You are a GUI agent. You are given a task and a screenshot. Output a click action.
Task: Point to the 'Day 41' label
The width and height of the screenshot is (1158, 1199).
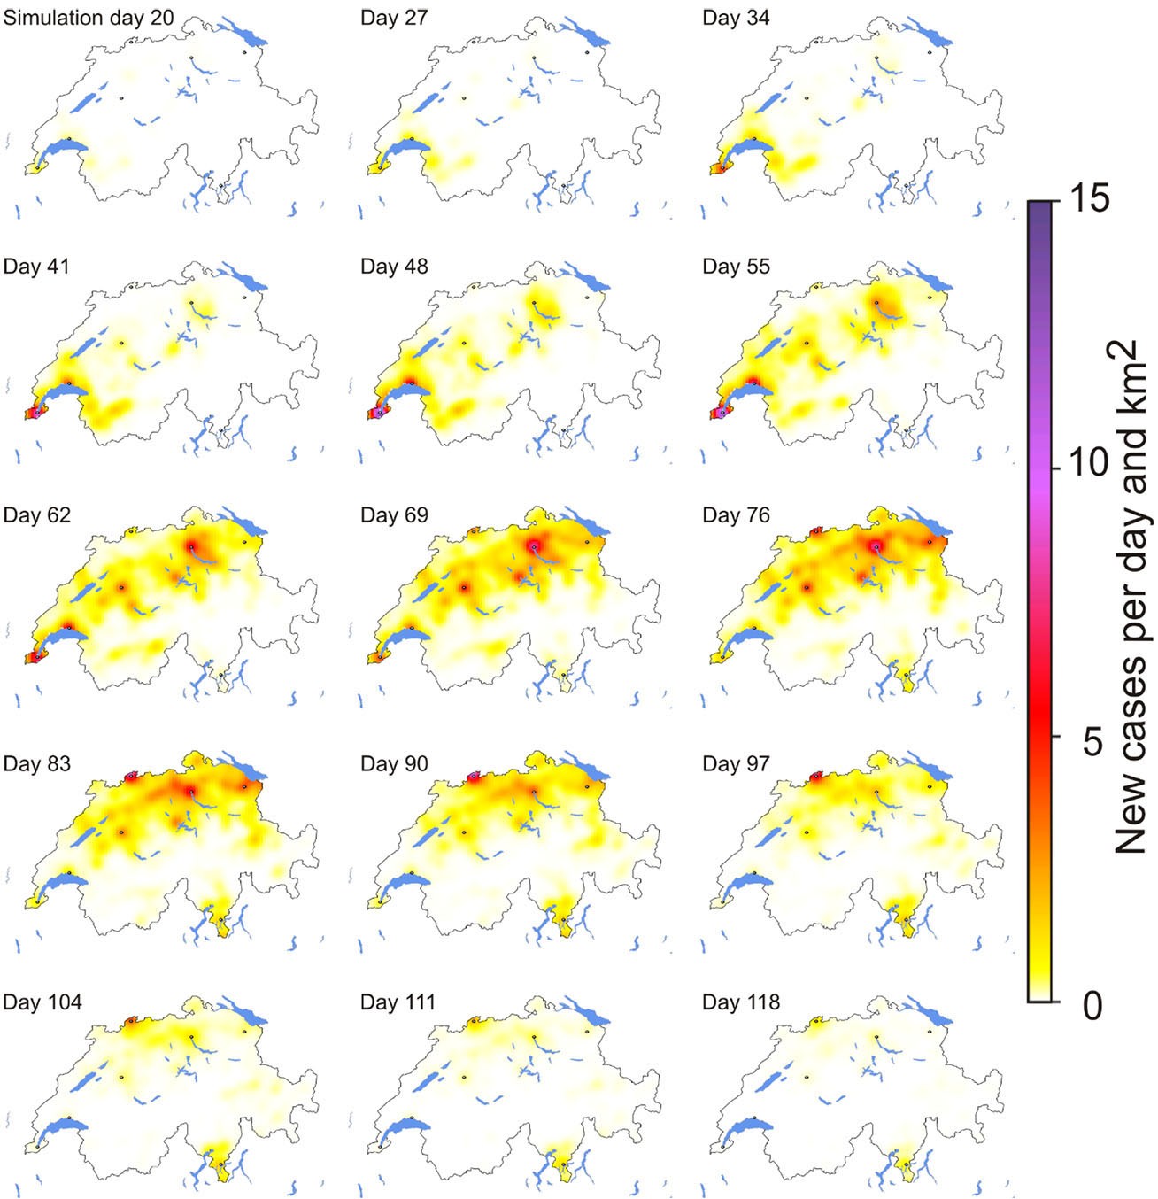36,267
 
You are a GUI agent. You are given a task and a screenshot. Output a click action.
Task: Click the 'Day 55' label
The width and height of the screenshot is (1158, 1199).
736,267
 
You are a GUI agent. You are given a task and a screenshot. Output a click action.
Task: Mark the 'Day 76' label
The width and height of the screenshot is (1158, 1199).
736,515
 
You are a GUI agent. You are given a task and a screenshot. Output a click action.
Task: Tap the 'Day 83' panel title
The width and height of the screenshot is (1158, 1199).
36,764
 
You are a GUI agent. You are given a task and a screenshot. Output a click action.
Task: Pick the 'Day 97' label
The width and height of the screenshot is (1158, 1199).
736,764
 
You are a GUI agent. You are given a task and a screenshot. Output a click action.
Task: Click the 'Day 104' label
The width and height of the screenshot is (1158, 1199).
42,1002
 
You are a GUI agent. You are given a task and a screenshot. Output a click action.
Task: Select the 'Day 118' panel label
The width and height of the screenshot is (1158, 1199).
741,1002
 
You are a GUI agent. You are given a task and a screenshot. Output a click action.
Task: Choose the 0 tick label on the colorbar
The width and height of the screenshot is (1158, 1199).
1093,1006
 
